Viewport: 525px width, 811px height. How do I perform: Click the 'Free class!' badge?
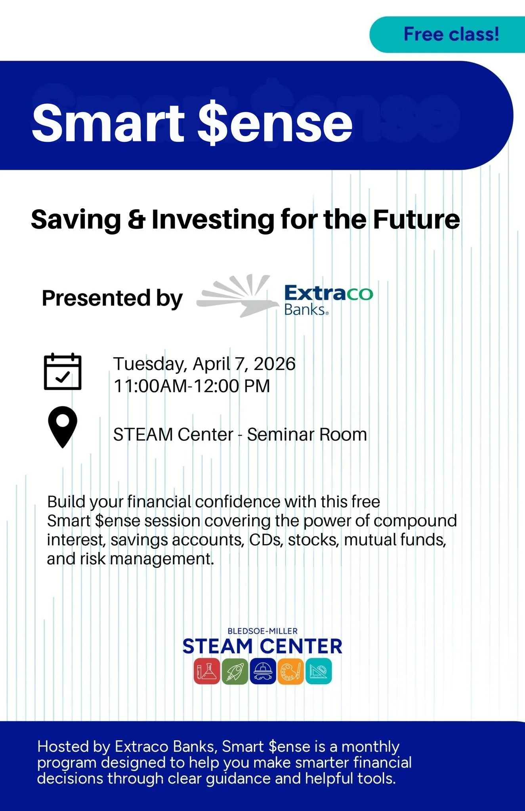pyautogui.click(x=451, y=34)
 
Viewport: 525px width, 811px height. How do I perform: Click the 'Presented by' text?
pyautogui.click(x=112, y=298)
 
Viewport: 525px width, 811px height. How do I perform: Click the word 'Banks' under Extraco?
pyautogui.click(x=305, y=310)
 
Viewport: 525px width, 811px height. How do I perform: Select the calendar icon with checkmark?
pyautogui.click(x=63, y=371)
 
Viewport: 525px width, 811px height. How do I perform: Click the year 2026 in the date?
pyautogui.click(x=275, y=364)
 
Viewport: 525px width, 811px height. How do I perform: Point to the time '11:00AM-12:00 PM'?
pyautogui.click(x=192, y=386)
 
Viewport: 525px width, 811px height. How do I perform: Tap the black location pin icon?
pyautogui.click(x=63, y=426)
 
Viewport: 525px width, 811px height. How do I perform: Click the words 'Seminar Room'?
pyautogui.click(x=307, y=435)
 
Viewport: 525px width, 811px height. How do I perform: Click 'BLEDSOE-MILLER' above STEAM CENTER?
pyautogui.click(x=262, y=631)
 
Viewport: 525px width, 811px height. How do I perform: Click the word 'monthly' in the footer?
pyautogui.click(x=370, y=746)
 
